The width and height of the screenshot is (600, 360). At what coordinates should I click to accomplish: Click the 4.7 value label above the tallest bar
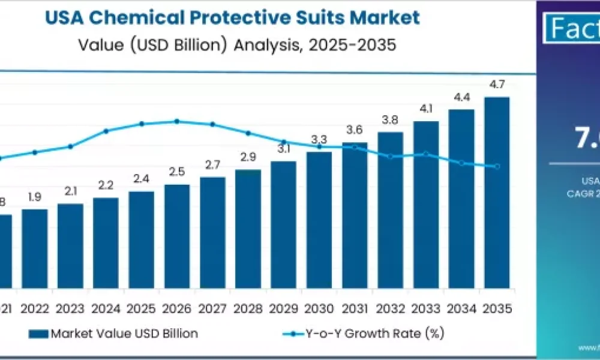click(497, 85)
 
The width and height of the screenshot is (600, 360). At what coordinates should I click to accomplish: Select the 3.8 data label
click(390, 120)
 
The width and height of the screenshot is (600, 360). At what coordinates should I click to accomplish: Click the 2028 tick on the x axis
click(248, 309)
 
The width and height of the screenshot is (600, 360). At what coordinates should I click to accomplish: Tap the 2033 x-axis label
click(425, 309)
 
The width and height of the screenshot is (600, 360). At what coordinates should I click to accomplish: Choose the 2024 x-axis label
click(106, 309)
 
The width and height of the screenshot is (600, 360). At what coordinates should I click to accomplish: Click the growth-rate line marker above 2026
click(177, 121)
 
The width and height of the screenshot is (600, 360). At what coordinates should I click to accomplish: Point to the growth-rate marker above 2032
click(391, 157)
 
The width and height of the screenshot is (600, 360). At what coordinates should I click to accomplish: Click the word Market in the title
click(387, 17)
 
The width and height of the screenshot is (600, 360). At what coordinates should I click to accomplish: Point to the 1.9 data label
click(35, 197)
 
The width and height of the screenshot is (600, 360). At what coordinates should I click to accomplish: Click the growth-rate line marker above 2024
click(106, 131)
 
